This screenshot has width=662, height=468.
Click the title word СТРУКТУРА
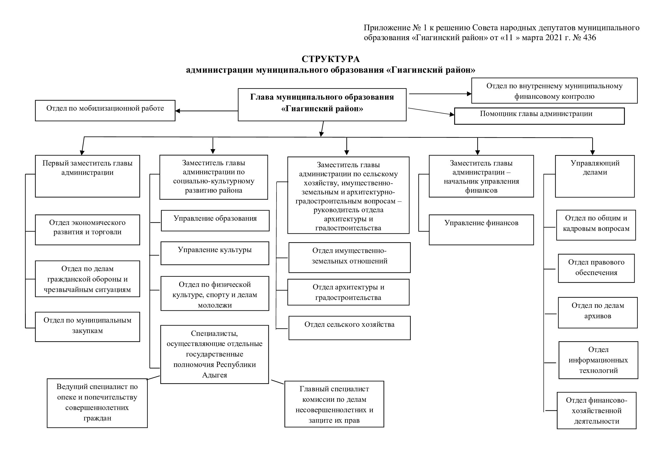330,59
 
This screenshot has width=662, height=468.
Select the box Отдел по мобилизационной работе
105,111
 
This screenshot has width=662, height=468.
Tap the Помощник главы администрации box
539,116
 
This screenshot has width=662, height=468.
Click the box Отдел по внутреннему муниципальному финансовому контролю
554,91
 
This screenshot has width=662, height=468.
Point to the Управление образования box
215,220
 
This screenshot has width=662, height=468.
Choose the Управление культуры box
215,253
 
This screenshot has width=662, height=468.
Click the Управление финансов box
481,230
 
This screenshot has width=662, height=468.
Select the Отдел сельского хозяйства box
350,328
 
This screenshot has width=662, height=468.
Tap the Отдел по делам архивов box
597,313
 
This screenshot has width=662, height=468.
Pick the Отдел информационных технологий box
598,360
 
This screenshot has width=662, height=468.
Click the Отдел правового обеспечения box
596,268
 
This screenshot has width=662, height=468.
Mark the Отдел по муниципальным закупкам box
87,327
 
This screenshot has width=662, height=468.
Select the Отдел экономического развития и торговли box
87,230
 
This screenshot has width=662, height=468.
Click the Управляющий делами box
595,176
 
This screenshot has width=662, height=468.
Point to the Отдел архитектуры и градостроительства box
348,292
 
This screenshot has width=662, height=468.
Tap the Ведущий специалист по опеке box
97,403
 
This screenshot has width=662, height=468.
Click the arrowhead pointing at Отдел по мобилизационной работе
178,111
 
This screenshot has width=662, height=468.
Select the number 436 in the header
589,38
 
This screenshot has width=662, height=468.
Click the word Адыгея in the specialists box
215,375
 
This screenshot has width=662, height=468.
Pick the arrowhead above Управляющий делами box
592,153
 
